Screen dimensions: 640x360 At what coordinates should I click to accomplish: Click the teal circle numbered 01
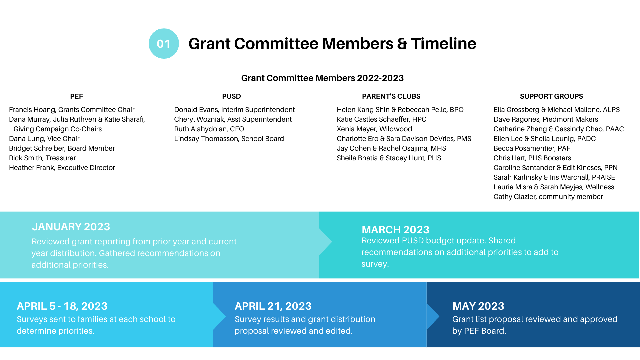point(164,44)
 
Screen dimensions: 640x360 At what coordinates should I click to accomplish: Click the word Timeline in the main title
point(443,44)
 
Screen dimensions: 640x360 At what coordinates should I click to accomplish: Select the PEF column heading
point(76,96)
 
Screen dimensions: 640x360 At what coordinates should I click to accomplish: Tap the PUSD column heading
point(231,96)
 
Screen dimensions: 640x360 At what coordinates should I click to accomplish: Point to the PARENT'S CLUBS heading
point(391,96)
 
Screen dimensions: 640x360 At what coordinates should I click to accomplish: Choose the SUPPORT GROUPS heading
point(551,96)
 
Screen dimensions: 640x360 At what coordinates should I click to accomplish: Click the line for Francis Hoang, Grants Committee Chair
point(72,110)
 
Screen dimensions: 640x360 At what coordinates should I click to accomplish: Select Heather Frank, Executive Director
point(62,168)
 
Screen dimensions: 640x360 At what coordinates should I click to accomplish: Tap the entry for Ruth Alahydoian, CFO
point(209,129)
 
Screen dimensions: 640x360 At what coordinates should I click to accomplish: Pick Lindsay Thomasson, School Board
point(229,139)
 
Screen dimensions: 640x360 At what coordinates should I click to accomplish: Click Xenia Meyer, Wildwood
point(374,129)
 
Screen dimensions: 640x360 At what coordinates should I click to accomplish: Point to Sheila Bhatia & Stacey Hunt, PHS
point(389,158)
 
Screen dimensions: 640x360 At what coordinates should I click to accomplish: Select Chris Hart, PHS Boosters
point(532,158)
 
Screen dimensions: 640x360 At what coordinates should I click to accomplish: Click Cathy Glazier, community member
point(548,197)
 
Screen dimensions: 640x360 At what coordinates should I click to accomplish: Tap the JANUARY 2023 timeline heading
point(71,227)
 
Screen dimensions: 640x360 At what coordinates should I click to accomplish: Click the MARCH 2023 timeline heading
point(395,230)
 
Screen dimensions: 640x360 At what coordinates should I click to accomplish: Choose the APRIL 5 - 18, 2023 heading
point(62,306)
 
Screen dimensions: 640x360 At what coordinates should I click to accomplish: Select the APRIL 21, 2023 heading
point(273,306)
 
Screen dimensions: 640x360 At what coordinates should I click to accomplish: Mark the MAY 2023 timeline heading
point(478,306)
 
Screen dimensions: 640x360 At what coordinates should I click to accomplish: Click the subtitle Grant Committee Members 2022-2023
point(322,78)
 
